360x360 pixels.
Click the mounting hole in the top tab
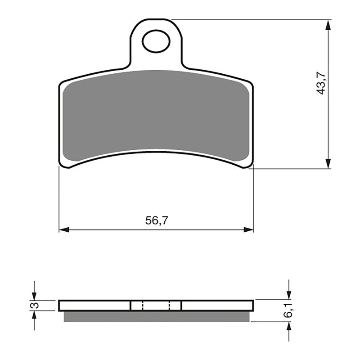coord(156,41)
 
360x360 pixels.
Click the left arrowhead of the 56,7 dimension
coord(63,229)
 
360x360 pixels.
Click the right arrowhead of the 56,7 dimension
coord(249,229)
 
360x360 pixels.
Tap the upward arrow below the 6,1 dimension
coord(289,327)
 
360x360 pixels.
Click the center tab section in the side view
coord(156,306)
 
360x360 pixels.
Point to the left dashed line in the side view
coord(143,306)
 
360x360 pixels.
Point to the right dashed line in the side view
coord(170,306)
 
